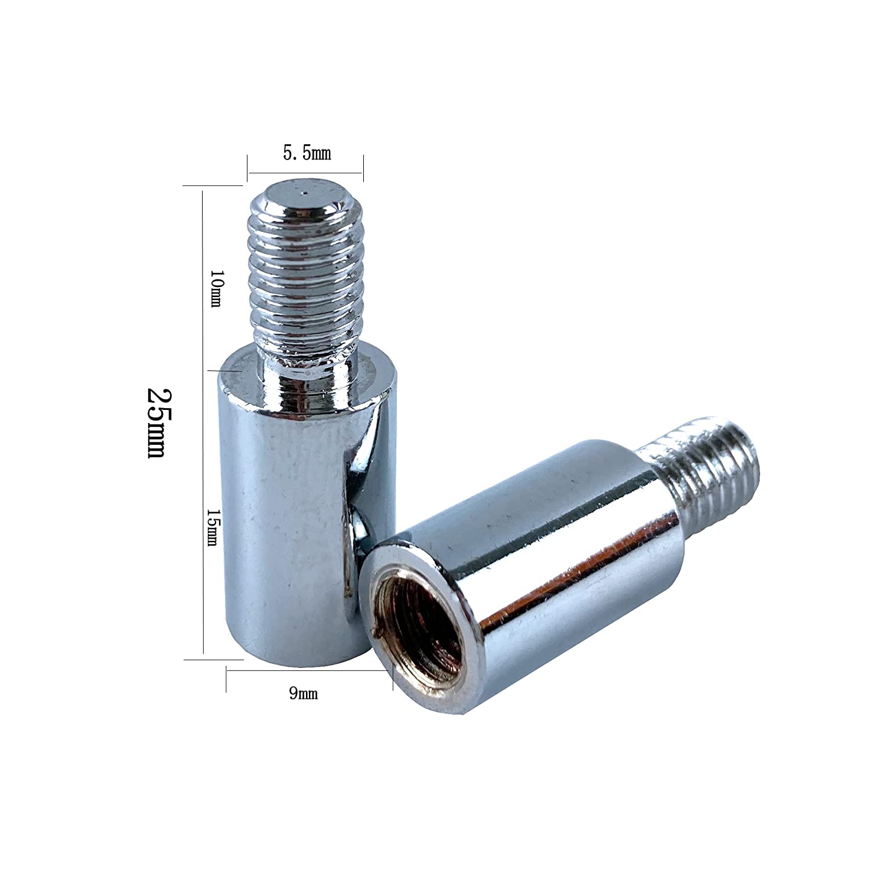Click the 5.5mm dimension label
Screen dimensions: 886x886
point(307,155)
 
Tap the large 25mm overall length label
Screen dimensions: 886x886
point(157,424)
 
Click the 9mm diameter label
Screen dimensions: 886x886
point(303,694)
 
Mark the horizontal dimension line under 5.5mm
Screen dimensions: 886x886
point(305,173)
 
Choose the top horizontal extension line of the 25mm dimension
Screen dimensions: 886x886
point(213,185)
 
